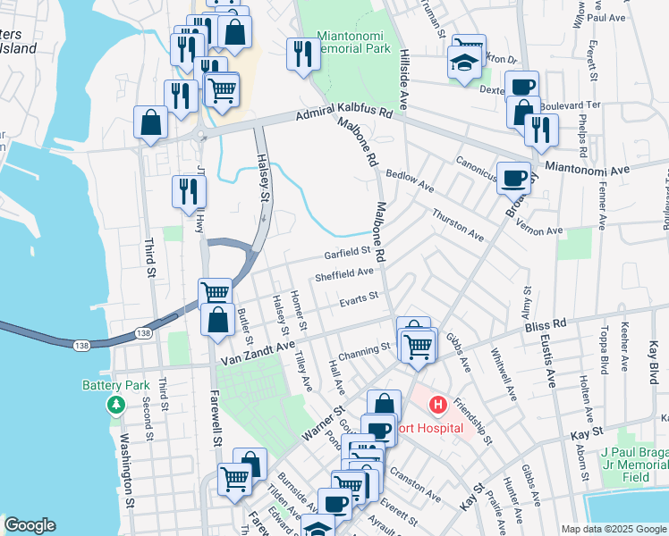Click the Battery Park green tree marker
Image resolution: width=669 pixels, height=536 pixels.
click(115, 406)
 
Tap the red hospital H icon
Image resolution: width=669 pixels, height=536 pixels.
click(437, 406)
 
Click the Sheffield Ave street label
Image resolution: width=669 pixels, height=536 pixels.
click(344, 273)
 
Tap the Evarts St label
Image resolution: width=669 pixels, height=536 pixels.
click(360, 297)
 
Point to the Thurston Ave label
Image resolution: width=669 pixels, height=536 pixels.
click(457, 225)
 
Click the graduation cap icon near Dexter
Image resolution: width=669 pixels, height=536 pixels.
click(462, 63)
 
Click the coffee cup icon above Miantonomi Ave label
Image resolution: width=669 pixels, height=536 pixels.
click(513, 177)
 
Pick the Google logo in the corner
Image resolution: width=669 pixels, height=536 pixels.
click(30, 525)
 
